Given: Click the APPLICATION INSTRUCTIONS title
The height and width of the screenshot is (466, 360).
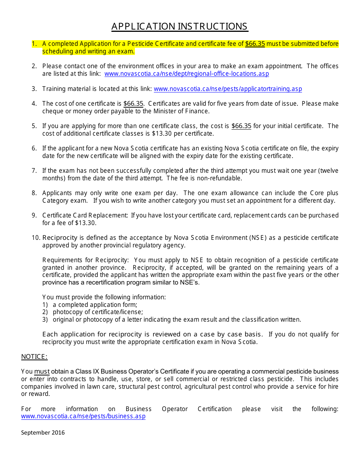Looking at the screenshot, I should pos(180,26).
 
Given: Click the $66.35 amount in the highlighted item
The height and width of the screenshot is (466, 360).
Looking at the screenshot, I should pos(255,44).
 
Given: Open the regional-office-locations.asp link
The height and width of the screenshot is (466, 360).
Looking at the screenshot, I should pos(186,73).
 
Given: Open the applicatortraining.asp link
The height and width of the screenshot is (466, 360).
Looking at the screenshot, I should pos(228,89).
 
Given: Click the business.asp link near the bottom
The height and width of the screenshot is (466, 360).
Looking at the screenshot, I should pos(83,416).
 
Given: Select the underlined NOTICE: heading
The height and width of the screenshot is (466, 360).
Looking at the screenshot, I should pos(34,357).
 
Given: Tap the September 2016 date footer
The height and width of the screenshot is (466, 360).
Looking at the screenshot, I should pos(43,432).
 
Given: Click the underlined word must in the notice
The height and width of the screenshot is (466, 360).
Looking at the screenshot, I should pos(42,372).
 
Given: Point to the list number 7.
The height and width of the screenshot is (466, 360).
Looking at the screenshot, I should pos(34,170).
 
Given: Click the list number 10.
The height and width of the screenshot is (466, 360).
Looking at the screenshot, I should pos(36,238).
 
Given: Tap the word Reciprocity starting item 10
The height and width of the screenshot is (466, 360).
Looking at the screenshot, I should pos(60,238).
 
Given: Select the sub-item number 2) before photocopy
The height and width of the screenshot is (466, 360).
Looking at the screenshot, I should pos(45,312).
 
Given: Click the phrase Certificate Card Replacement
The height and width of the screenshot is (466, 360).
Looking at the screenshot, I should pos(85,215).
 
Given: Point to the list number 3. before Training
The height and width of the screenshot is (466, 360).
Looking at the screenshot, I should pos(34,89).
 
